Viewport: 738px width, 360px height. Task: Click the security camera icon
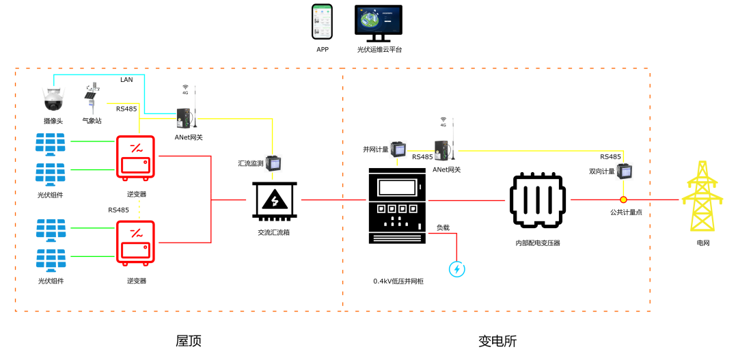click(x=53, y=100)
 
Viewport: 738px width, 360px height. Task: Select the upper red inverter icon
click(x=135, y=157)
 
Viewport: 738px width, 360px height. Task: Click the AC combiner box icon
click(x=275, y=201)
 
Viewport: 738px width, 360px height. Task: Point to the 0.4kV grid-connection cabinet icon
click(x=397, y=206)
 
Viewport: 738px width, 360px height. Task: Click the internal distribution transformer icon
click(x=538, y=201)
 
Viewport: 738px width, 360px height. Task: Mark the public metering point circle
click(x=623, y=199)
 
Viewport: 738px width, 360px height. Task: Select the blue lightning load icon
click(x=457, y=269)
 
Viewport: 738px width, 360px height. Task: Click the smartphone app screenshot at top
click(x=322, y=21)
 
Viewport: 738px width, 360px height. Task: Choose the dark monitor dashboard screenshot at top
click(x=378, y=20)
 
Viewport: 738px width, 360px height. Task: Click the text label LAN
click(x=126, y=80)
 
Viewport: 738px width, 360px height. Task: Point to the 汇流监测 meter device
click(x=273, y=163)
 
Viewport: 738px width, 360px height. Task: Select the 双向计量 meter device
click(x=625, y=171)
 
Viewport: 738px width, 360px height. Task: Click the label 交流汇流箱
click(x=273, y=232)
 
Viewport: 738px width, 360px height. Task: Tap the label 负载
click(x=443, y=227)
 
